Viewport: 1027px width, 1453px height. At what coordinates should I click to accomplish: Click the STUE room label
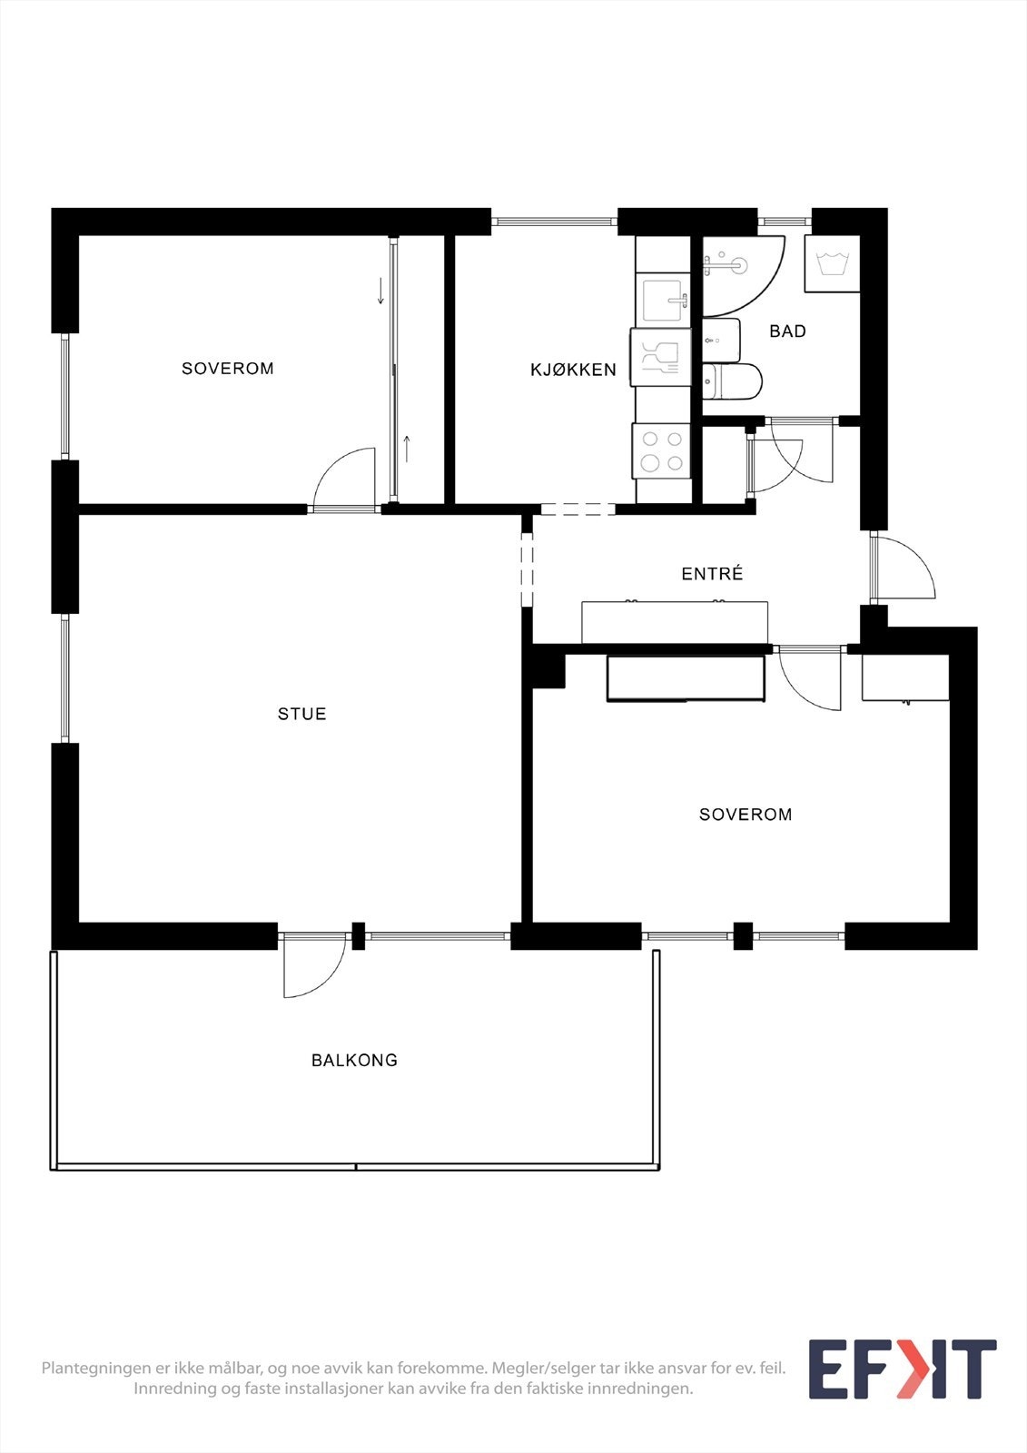[x=301, y=714]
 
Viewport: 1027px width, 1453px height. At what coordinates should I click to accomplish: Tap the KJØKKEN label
[x=573, y=370]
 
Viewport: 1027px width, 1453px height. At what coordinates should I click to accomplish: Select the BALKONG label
[x=354, y=1060]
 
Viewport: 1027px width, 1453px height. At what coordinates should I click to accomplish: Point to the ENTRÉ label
[x=712, y=574]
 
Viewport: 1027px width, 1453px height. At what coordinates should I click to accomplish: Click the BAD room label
[x=787, y=331]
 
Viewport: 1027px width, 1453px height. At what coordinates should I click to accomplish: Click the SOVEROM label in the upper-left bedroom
[x=227, y=368]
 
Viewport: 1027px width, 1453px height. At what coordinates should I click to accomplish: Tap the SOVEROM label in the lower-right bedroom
[x=745, y=815]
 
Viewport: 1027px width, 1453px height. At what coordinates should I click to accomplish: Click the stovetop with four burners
[x=662, y=450]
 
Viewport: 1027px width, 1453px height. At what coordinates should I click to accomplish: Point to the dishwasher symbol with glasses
[x=660, y=357]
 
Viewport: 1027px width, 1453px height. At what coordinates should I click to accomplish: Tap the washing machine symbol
[x=833, y=264]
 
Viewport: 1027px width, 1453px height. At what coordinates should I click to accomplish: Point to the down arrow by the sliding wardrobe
[x=380, y=292]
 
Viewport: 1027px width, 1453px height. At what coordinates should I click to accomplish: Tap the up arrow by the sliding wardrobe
[x=407, y=449]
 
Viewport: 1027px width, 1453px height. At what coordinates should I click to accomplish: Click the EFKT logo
[x=902, y=1369]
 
